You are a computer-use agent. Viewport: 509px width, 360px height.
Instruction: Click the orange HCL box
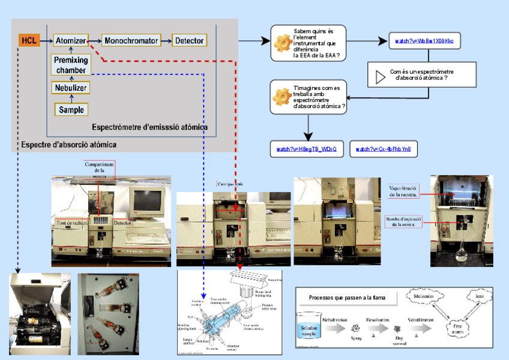pos(28,41)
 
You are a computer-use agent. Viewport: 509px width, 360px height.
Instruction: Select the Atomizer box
pos(70,41)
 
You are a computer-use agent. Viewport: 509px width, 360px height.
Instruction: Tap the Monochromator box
pos(131,41)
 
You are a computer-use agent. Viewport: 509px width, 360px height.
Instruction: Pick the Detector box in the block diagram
pos(189,41)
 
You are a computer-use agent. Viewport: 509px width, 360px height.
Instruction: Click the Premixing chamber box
pos(71,65)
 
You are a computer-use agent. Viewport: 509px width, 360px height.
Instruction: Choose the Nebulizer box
pos(71,88)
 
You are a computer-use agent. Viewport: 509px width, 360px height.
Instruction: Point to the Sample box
pos(71,110)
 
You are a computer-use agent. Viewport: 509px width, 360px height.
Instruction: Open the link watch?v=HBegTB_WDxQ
pos(306,149)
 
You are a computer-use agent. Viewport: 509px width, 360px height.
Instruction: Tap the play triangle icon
pos(380,77)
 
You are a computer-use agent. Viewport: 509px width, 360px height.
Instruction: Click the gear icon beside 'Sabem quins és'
pos(282,43)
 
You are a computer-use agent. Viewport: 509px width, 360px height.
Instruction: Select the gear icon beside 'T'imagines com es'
pos(282,97)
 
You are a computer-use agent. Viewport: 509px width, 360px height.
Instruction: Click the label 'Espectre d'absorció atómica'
pos(68,145)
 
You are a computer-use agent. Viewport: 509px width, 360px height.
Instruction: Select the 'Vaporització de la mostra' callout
pos(403,190)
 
